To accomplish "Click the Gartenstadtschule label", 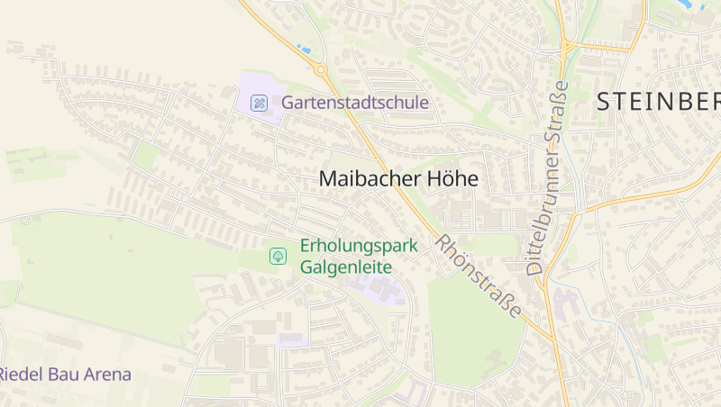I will pyautogui.click(x=355, y=103).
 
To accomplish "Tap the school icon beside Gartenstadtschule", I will pyautogui.click(x=260, y=103).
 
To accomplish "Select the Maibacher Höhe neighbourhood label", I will pyautogui.click(x=398, y=179).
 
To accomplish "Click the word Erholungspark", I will pyautogui.click(x=359, y=245).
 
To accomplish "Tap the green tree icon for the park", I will pyautogui.click(x=278, y=256).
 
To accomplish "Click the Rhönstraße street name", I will pyautogui.click(x=479, y=276).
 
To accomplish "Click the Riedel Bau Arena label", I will pyautogui.click(x=65, y=374).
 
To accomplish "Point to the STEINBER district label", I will pyautogui.click(x=658, y=102).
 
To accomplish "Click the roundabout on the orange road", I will pyautogui.click(x=321, y=68).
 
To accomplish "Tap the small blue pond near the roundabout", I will pyautogui.click(x=304, y=48).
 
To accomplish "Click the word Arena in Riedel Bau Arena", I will pyautogui.click(x=107, y=374).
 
